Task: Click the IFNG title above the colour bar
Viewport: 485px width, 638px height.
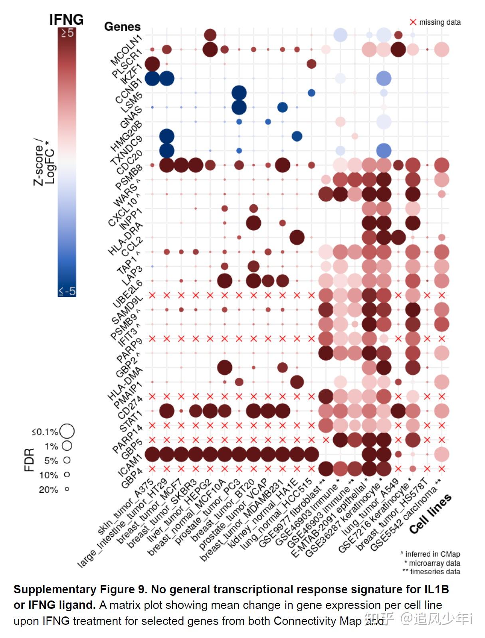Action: (x=66, y=19)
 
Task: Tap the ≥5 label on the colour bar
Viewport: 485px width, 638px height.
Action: (x=67, y=33)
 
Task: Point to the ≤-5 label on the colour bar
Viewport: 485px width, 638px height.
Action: (x=67, y=291)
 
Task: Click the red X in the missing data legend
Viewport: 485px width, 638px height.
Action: (x=413, y=22)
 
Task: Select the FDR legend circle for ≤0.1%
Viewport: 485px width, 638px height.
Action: (x=67, y=431)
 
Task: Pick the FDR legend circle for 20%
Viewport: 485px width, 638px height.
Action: (x=67, y=489)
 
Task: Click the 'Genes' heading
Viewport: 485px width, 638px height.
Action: (x=122, y=27)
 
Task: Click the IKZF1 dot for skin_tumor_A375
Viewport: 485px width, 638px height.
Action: (x=152, y=64)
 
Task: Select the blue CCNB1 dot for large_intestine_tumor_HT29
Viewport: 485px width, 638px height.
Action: (x=167, y=78)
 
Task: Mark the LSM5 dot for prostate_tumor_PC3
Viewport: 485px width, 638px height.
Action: (x=239, y=93)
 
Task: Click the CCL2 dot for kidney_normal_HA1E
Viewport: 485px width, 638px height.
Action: (x=297, y=237)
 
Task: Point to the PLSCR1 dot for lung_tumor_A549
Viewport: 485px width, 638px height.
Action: (x=398, y=49)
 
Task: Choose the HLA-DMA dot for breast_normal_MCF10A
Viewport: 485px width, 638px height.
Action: (x=224, y=367)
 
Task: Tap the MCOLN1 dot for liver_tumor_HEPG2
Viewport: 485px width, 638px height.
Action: (x=210, y=35)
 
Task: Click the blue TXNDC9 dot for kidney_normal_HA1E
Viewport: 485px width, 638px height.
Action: (x=297, y=136)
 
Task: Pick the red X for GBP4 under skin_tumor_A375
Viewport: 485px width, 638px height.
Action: (x=152, y=468)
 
